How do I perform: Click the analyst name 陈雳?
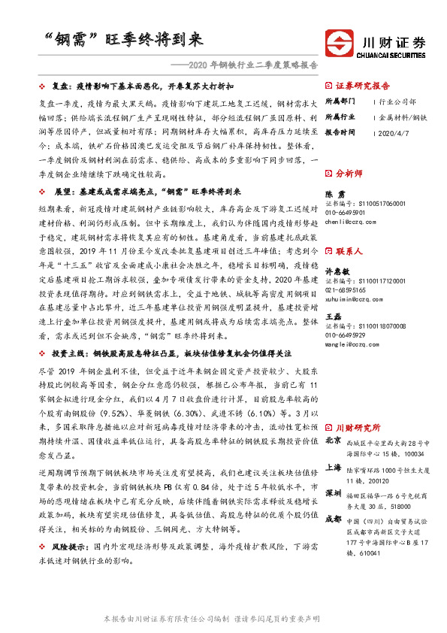pos(332,194)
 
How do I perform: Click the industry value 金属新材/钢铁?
pos(403,117)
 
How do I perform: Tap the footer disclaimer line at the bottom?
pos(223,618)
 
